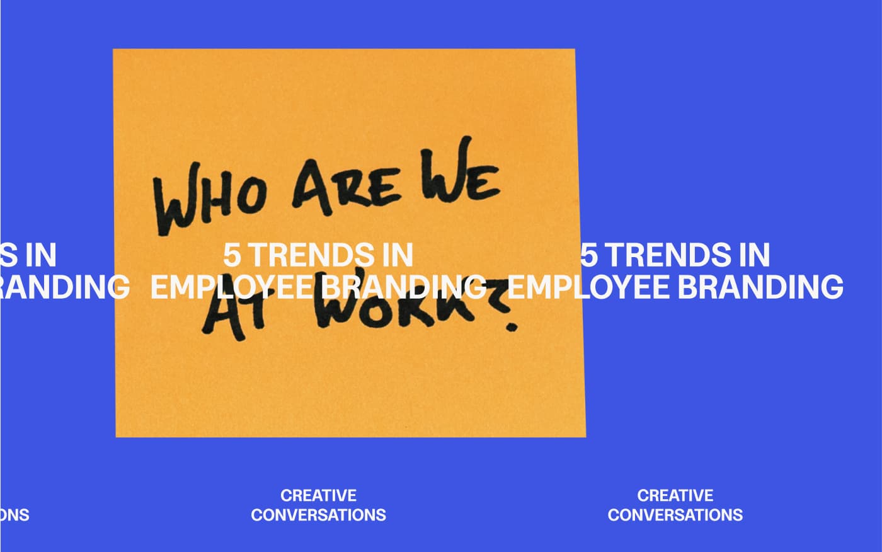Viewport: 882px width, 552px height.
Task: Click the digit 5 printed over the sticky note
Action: point(233,256)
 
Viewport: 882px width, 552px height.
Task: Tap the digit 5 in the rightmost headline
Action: point(590,256)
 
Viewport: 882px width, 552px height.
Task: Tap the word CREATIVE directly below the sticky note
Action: point(318,495)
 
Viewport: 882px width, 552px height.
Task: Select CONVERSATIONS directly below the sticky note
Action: point(318,515)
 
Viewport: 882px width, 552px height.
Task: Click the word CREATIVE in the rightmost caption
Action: point(675,495)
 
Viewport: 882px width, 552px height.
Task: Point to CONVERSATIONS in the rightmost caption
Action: point(675,515)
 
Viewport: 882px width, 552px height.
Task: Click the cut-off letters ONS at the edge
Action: point(14,515)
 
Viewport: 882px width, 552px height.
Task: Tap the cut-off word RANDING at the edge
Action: point(63,287)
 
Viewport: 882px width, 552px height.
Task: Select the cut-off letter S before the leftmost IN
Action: point(9,256)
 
